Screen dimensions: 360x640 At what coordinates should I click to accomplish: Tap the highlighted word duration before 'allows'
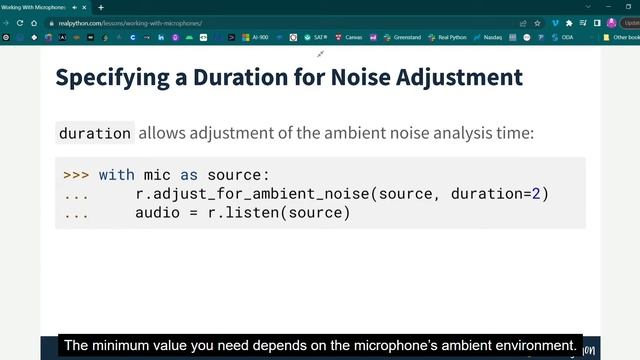pos(95,133)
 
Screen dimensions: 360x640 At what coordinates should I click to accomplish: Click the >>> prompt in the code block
pos(76,174)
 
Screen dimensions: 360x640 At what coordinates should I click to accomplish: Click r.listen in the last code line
pos(251,213)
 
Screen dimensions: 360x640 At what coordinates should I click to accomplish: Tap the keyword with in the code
pos(116,174)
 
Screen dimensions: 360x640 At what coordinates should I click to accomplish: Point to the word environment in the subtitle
pos(528,345)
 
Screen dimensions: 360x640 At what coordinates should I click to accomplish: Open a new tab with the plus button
pos(100,7)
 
